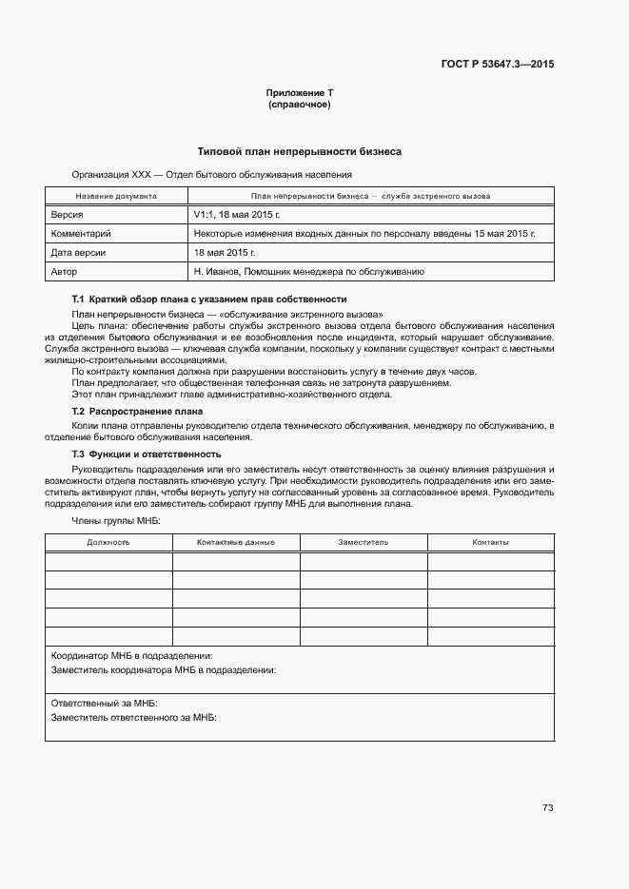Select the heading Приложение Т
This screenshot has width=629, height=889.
pyautogui.click(x=299, y=93)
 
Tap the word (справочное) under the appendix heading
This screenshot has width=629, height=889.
pyautogui.click(x=299, y=105)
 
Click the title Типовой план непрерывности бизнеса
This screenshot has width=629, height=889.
pyautogui.click(x=299, y=151)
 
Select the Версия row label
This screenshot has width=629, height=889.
pyautogui.click(x=68, y=215)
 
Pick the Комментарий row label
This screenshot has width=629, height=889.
pyautogui.click(x=82, y=234)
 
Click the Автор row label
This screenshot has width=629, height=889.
pyautogui.click(x=64, y=272)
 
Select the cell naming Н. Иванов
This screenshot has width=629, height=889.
pyautogui.click(x=308, y=272)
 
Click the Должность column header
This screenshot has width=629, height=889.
pyautogui.click(x=108, y=542)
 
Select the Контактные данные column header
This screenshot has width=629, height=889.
pyautogui.click(x=235, y=542)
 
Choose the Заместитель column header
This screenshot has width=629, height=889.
pyautogui.click(x=363, y=542)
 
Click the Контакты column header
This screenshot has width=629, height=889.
pyautogui.click(x=490, y=542)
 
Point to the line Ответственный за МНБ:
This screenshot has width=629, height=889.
pyautogui.click(x=104, y=704)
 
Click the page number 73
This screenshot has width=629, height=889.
pyautogui.click(x=547, y=808)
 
